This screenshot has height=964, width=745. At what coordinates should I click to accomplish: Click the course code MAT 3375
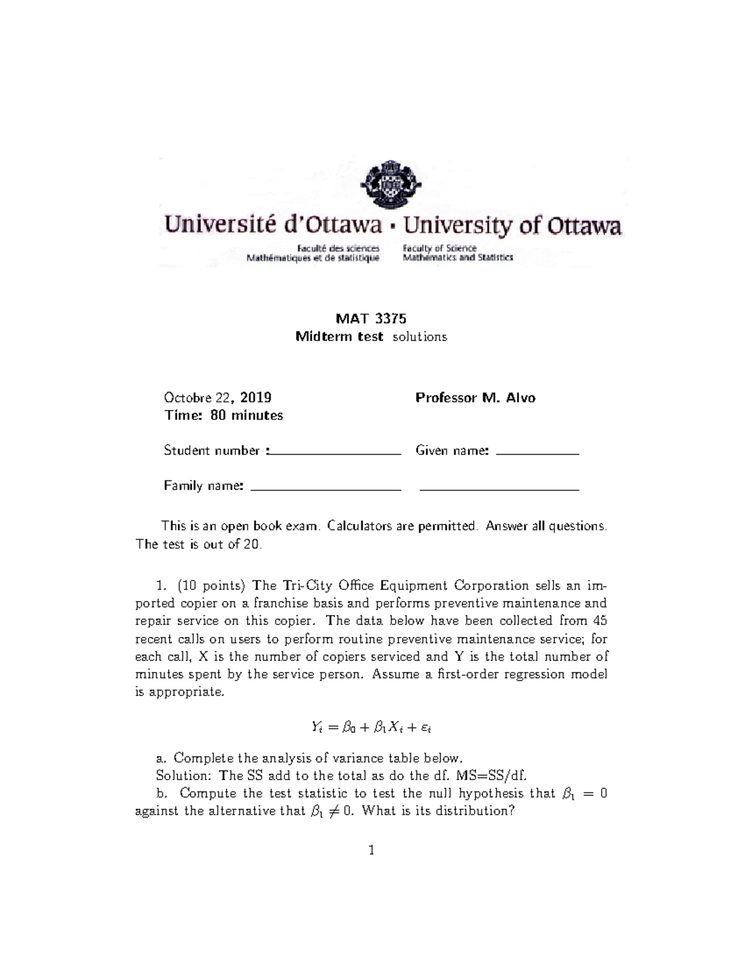click(x=371, y=319)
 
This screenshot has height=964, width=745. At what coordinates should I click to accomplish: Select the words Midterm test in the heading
click(x=339, y=337)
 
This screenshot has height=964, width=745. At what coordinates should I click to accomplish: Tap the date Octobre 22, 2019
click(x=217, y=398)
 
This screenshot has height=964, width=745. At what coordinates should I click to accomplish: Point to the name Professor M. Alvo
click(x=475, y=398)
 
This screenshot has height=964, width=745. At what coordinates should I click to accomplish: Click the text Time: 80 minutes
click(x=223, y=416)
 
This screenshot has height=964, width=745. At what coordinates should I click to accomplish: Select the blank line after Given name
click(x=538, y=454)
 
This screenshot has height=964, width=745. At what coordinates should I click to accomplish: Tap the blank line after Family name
click(x=325, y=490)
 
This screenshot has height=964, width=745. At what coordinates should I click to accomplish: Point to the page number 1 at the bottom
click(x=371, y=850)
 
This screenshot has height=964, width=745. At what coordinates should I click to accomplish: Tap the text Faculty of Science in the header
click(x=440, y=248)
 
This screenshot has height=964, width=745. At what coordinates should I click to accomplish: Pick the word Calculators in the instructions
click(x=359, y=526)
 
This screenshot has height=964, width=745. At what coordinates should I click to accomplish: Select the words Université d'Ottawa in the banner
click(x=272, y=226)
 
